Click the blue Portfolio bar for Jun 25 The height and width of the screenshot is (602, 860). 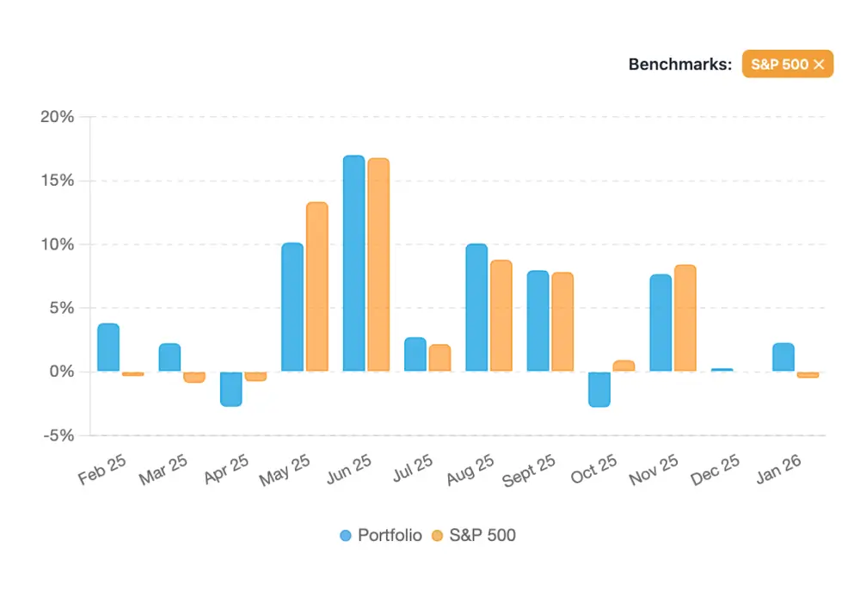353,263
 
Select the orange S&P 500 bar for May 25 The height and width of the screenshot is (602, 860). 317,286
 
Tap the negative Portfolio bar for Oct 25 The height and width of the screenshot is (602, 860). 599,389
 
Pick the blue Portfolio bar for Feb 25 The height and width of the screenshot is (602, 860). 108,347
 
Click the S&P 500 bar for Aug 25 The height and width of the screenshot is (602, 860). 501,316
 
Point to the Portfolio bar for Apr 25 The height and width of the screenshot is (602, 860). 231,389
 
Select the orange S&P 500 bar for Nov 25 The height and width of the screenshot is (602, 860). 685,318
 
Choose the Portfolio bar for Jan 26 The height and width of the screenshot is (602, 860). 783,357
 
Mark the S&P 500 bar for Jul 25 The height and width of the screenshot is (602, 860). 439,358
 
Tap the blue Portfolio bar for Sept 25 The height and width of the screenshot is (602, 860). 538,321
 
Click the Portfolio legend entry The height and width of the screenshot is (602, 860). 381,535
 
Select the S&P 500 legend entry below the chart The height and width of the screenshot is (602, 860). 473,535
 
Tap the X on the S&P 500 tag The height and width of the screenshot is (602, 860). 819,64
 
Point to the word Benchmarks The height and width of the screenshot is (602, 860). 680,64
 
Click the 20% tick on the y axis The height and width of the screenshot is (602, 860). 58,117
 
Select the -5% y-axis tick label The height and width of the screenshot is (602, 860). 58,435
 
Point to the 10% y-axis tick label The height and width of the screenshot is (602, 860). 58,244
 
